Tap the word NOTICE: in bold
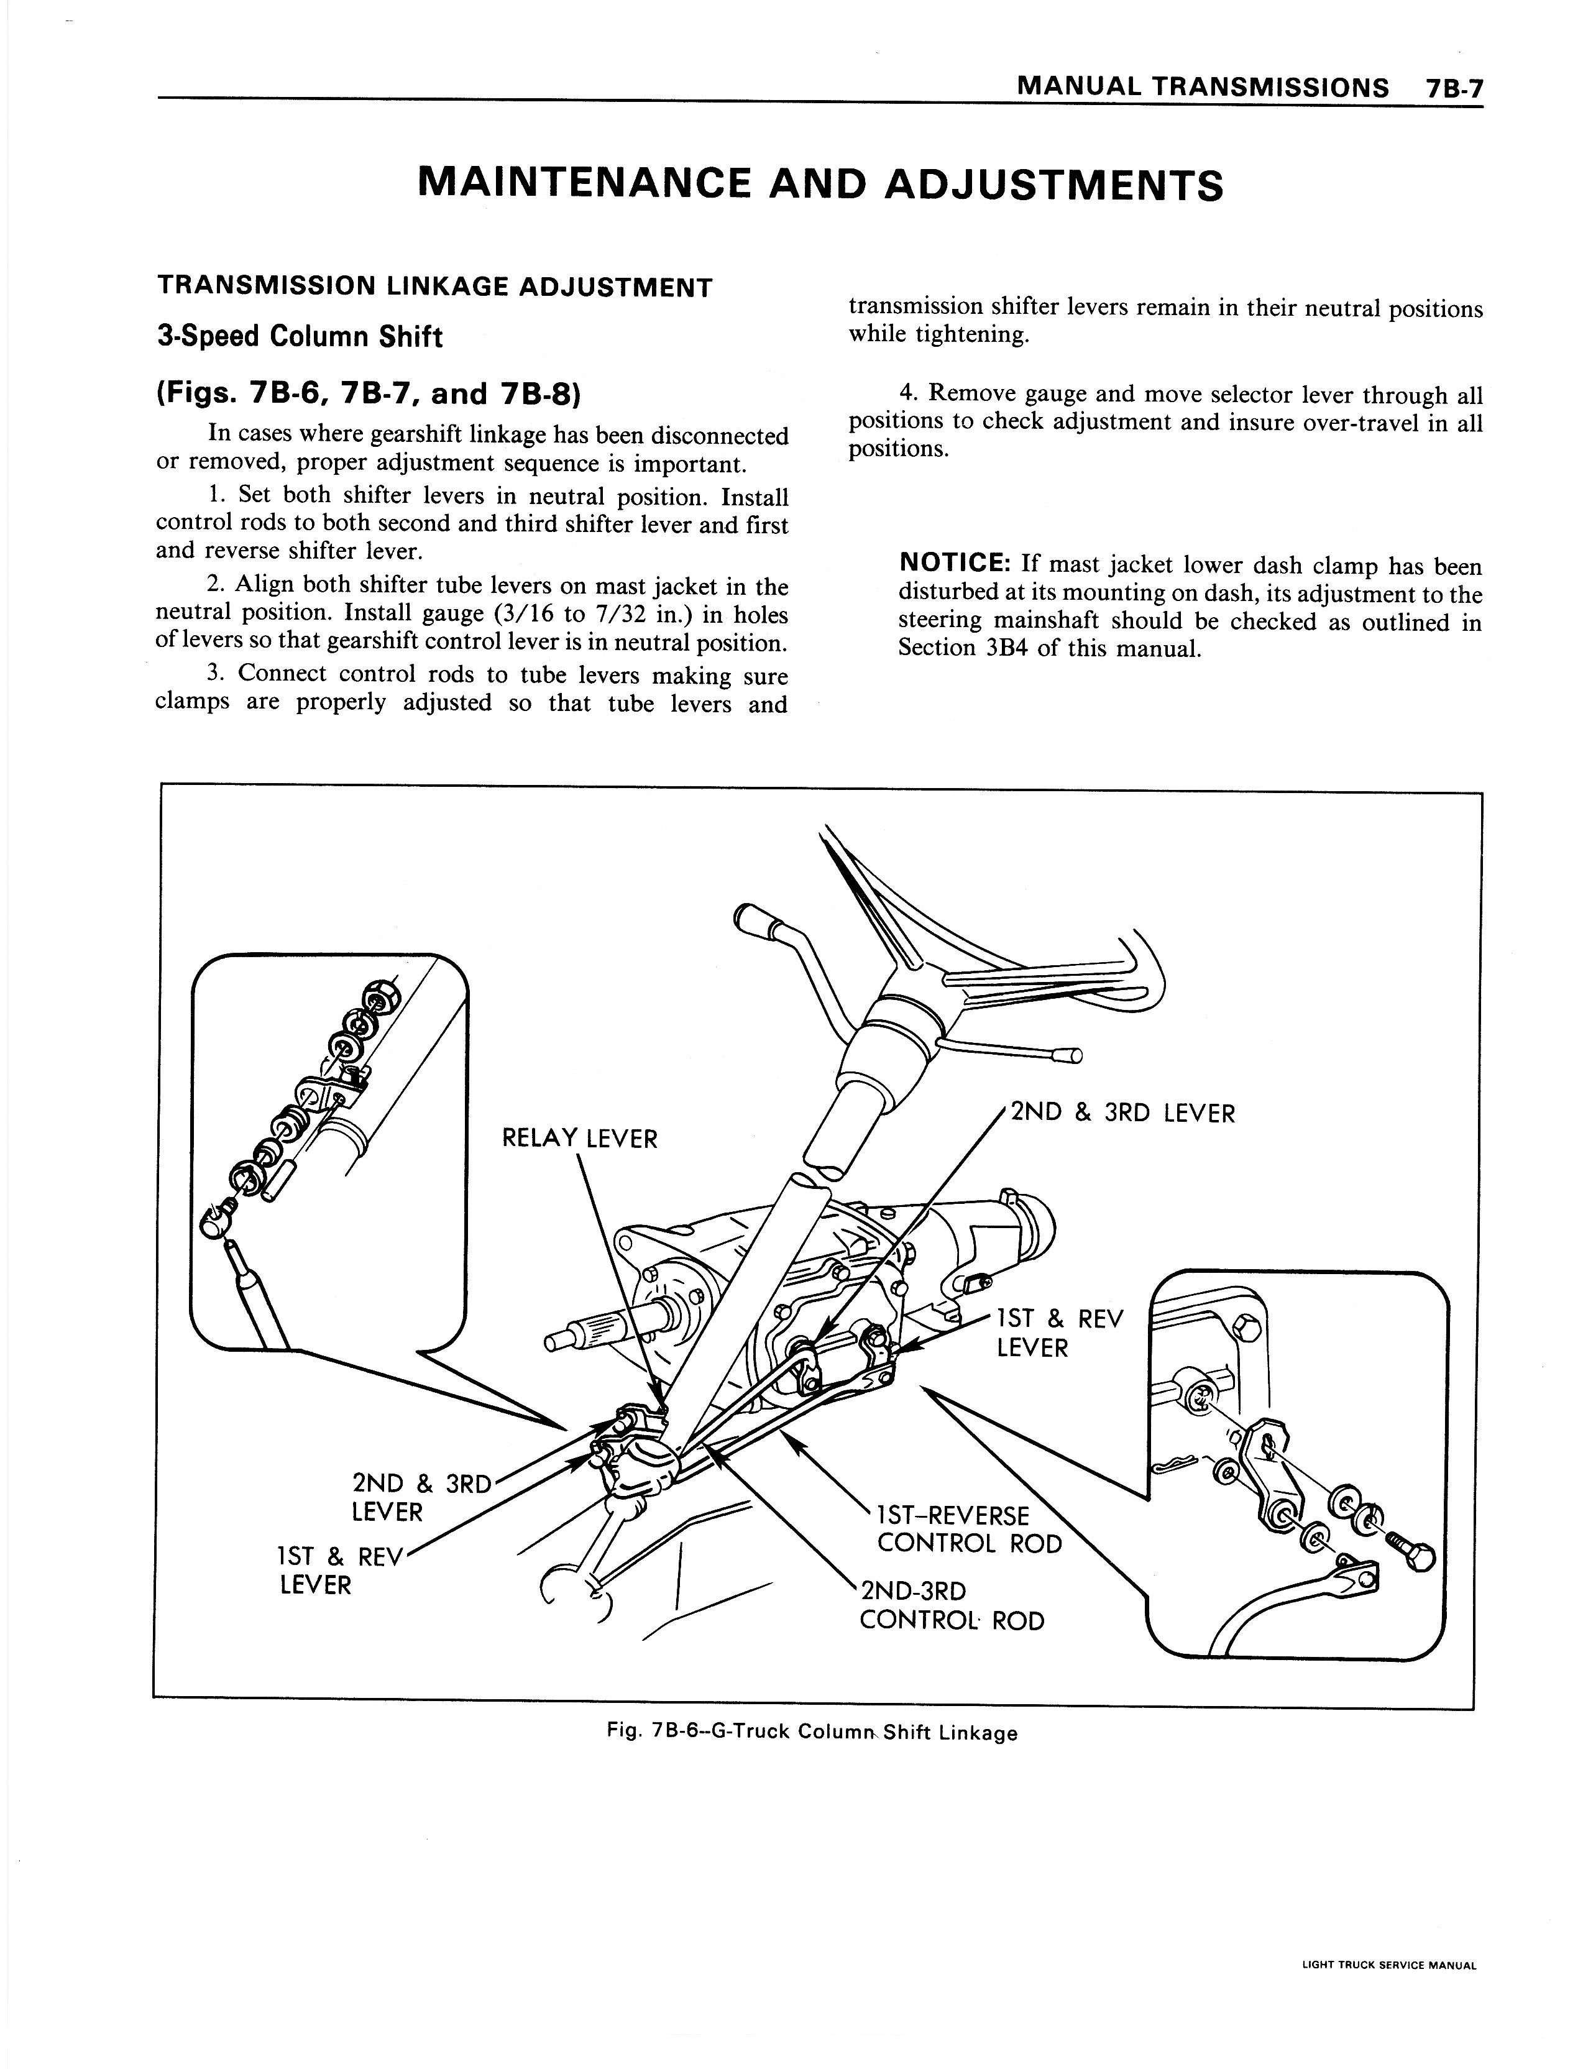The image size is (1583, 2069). [x=955, y=564]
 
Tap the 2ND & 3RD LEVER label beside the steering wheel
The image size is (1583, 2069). [x=1121, y=1114]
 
